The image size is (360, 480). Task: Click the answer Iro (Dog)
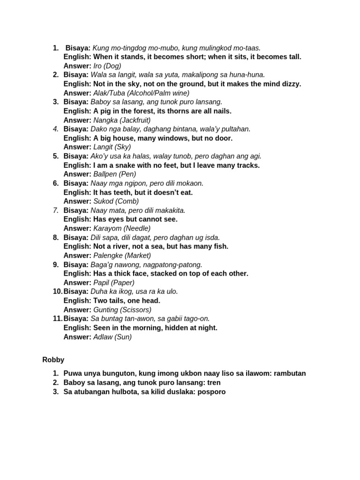click(x=107, y=66)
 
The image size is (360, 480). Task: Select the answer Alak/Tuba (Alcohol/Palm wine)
click(x=141, y=93)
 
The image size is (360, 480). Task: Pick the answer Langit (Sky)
click(x=112, y=147)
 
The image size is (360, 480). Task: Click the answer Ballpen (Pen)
click(x=115, y=174)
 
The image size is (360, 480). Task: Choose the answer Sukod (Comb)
click(x=116, y=201)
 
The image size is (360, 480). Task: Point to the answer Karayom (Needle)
click(x=122, y=228)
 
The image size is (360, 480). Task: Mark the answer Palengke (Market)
click(x=122, y=255)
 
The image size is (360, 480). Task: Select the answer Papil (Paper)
click(x=114, y=283)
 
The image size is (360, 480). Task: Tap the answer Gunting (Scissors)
click(x=122, y=310)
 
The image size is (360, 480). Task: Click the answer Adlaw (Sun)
click(x=112, y=337)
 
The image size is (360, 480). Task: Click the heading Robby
click(x=53, y=360)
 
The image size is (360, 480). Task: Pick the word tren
click(x=214, y=382)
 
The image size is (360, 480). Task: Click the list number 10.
click(x=57, y=292)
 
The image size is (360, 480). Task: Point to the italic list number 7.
click(x=55, y=210)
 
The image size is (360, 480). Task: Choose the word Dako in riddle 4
click(x=99, y=129)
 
